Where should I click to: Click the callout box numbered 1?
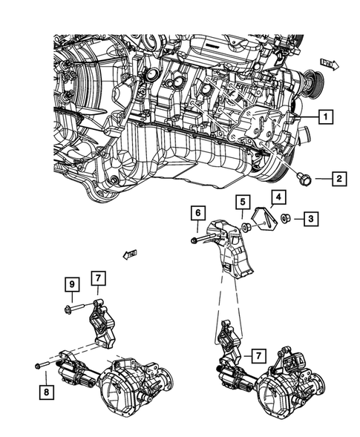(x=325, y=116)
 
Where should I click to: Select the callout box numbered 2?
(x=338, y=179)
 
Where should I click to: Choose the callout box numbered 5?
(x=242, y=201)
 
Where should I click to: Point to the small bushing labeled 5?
(x=245, y=226)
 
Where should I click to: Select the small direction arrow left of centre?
(x=131, y=255)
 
